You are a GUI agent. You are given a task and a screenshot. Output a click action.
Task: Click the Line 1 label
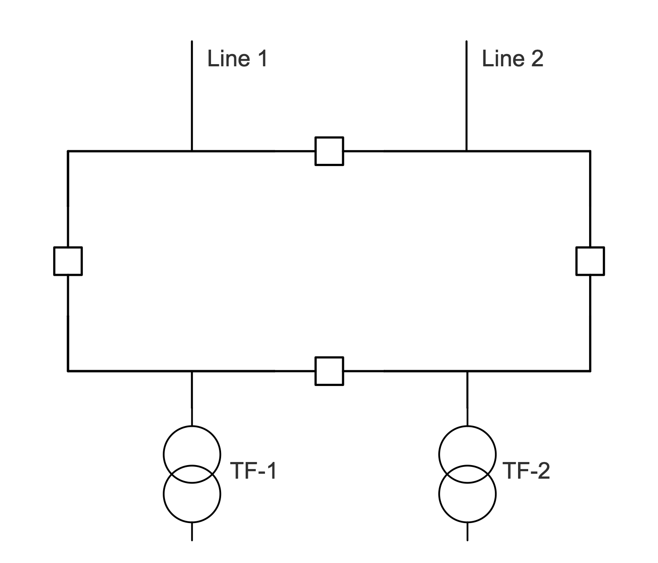point(237,58)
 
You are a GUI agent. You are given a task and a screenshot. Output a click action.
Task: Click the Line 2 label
point(512,58)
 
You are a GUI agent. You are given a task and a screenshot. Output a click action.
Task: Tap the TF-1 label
point(254,471)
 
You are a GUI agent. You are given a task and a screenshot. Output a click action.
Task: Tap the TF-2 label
point(526,471)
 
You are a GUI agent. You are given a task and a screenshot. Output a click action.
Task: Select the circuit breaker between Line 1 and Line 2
point(329,151)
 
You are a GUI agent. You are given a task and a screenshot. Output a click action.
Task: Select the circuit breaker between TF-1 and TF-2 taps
point(329,371)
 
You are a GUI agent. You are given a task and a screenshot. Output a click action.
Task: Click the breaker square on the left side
point(68,261)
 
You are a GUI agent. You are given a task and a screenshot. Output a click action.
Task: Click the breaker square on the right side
point(590,261)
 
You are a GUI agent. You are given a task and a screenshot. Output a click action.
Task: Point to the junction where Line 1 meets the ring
point(192,151)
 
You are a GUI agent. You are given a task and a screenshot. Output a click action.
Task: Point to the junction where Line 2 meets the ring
point(466,151)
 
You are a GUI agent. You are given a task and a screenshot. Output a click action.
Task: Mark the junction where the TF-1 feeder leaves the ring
point(192,371)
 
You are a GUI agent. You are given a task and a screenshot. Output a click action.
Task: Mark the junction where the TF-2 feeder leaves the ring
point(467,371)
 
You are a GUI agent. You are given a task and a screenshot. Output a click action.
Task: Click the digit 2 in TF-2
point(543,471)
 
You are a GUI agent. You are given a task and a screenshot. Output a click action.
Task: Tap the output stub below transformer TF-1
point(192,531)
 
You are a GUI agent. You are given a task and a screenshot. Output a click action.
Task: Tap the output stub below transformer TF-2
point(467,531)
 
